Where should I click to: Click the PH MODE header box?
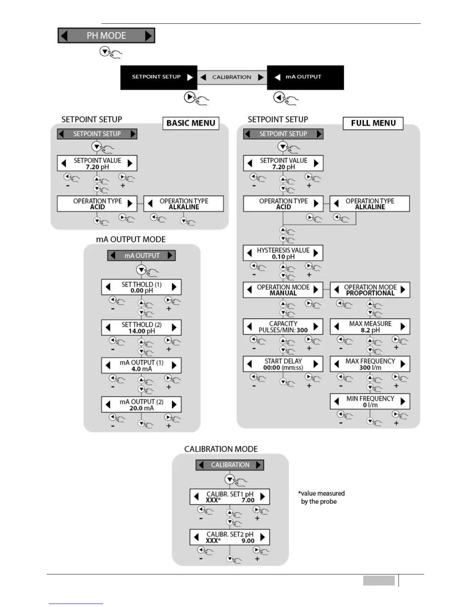[106, 36]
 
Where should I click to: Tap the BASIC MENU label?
[191, 123]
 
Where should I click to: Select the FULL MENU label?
[373, 123]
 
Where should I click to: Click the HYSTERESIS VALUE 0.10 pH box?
[283, 253]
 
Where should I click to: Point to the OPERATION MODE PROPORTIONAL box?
[370, 290]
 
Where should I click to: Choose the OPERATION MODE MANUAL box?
[283, 290]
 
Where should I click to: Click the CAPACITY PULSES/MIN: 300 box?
[283, 327]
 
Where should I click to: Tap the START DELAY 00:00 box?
[283, 364]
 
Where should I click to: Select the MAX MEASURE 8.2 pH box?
[370, 327]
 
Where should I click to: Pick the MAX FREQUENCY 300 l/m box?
[370, 364]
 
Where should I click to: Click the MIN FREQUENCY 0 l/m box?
[370, 402]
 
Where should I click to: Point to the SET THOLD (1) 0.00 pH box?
[141, 287]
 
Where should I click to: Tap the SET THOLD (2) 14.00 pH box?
[141, 328]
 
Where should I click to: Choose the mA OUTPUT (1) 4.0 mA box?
[141, 366]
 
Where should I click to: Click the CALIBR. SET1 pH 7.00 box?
[230, 497]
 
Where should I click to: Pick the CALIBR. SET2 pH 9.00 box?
[230, 537]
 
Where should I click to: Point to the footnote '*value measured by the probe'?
[321, 497]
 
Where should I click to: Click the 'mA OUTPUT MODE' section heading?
[131, 240]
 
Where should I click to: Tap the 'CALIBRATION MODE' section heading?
[221, 449]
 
